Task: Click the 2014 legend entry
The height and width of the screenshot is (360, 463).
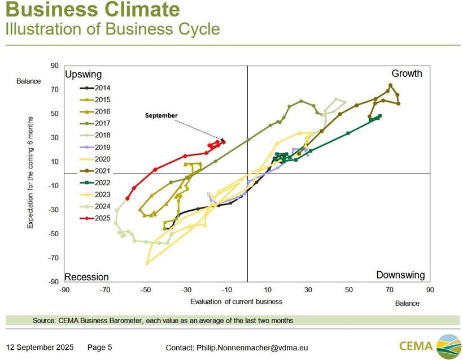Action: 95,88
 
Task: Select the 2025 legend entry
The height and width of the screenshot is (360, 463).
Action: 95,218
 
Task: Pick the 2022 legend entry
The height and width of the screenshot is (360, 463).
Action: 95,183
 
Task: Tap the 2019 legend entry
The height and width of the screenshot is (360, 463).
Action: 95,147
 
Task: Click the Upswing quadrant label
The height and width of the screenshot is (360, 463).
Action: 83,75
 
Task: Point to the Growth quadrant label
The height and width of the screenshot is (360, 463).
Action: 407,73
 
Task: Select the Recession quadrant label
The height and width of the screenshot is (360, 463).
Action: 86,277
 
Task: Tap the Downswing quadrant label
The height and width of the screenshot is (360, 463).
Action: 400,275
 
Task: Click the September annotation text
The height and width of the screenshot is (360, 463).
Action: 161,115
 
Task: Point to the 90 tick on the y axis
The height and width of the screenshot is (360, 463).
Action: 55,66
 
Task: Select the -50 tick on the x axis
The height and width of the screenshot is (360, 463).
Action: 146,290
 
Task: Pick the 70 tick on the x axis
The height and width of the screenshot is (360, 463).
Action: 390,290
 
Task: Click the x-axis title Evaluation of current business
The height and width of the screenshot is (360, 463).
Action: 236,301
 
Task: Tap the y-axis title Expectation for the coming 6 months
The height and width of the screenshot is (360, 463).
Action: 30,173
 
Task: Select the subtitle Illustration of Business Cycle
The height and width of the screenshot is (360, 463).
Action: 112,28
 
